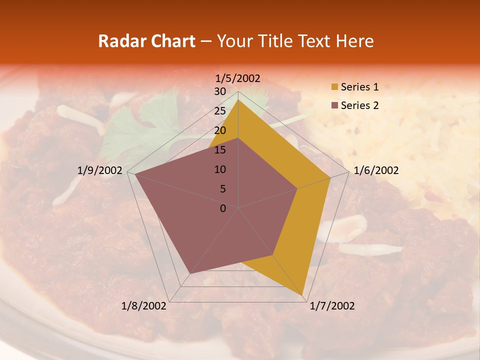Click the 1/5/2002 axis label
238,78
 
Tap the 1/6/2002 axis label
376,170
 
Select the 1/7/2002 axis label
332,306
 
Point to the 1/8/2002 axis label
143,306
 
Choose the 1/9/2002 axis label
100,170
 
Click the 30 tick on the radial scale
220,91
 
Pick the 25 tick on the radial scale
220,111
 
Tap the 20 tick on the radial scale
220,130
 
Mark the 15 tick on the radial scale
220,150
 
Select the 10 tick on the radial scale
220,169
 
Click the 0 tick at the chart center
223,208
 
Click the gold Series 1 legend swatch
334,87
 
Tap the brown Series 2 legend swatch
334,105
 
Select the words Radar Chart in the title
146,41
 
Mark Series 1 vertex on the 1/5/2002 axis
238,99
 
